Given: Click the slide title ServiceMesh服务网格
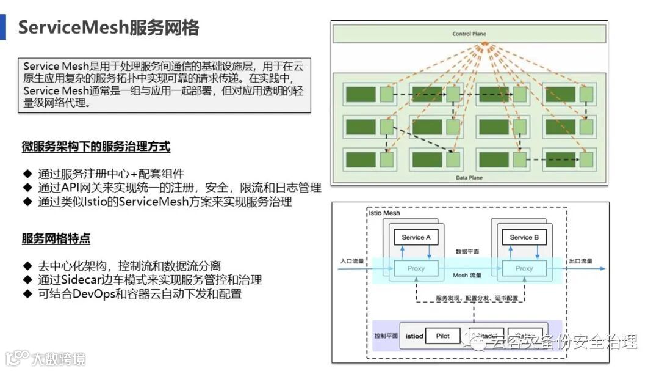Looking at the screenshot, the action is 109,28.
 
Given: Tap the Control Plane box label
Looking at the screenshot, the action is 469,34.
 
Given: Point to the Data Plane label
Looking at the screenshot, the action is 469,178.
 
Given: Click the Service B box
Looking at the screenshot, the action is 524,237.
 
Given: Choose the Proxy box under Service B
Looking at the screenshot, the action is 524,268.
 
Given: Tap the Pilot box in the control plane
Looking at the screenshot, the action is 443,336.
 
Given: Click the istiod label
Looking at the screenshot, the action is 414,336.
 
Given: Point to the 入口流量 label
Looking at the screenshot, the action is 351,262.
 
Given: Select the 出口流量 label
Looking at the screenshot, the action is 580,262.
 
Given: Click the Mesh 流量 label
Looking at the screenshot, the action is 468,276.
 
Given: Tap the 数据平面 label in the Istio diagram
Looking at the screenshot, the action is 467,251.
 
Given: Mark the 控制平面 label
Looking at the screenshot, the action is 386,336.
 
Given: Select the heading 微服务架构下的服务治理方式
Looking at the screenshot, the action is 96,147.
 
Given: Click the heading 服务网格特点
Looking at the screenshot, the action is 56,239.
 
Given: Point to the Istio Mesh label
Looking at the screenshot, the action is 385,214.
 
